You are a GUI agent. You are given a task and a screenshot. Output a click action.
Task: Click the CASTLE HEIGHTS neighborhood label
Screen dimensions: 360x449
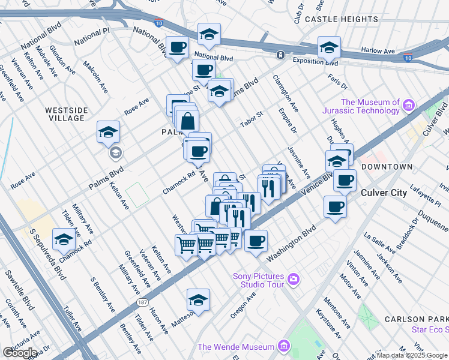(341, 19)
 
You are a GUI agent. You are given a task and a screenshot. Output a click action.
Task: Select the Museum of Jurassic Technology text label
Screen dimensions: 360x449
(370, 106)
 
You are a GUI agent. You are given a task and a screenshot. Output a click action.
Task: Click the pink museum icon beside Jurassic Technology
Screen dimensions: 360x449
(409, 106)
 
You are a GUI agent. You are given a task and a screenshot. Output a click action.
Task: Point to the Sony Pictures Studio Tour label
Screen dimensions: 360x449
(258, 280)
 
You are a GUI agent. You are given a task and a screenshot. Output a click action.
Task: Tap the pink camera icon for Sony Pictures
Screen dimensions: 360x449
(293, 278)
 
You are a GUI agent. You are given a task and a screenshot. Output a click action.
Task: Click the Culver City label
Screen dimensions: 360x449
(384, 193)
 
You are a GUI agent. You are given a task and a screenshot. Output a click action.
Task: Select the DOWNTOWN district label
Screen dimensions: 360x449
(387, 166)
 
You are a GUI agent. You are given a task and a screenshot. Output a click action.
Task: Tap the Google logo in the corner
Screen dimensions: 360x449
(20, 353)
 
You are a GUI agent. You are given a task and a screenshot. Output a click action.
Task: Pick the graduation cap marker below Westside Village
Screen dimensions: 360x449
(109, 133)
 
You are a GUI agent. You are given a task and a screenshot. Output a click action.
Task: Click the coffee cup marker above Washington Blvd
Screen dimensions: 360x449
(256, 241)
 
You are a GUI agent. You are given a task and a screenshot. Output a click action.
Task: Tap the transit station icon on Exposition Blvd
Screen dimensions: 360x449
(280, 55)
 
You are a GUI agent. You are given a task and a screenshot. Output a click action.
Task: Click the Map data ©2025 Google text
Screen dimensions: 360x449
(412, 355)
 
